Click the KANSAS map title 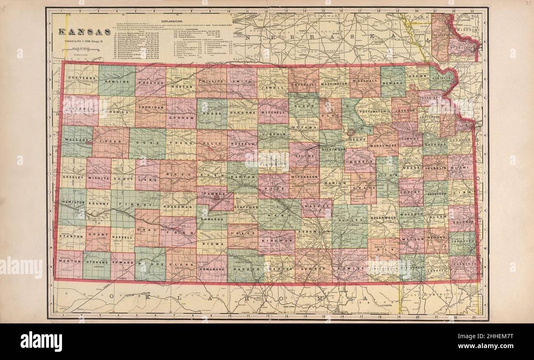tap(84, 32)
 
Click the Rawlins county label tap(116, 81)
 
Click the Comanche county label tap(212, 270)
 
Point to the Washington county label tap(334, 83)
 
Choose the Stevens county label tap(97, 261)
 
